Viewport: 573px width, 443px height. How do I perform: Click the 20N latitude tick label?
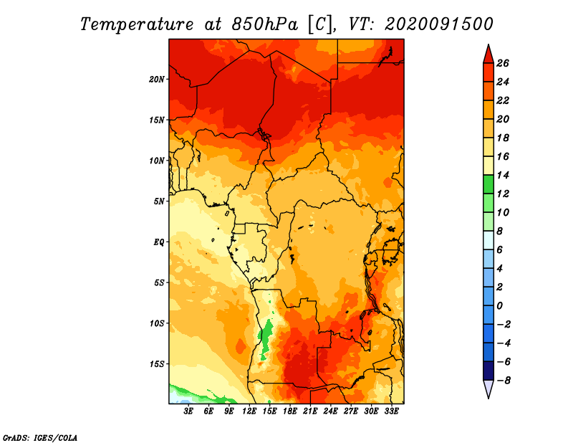(157, 80)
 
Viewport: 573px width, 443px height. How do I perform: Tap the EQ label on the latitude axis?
(159, 242)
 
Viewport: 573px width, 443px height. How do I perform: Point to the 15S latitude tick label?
(157, 364)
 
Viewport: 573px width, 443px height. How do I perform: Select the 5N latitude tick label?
(159, 201)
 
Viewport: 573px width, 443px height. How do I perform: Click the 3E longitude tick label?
(188, 411)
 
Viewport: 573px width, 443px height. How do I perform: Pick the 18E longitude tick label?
(290, 411)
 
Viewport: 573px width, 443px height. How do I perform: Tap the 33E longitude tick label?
(391, 411)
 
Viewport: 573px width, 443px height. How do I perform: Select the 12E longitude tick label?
(249, 411)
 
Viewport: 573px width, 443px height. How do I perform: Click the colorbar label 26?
(503, 64)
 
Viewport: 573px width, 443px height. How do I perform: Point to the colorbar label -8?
(503, 381)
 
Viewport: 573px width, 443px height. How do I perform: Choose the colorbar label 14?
(503, 175)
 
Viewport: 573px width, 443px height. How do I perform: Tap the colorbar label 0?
(499, 306)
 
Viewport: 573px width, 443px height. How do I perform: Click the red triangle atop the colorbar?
(488, 55)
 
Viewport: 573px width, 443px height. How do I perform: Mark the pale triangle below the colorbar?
(488, 389)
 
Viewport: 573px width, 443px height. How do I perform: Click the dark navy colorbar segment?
(488, 371)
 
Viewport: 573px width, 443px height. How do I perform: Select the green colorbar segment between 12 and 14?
(488, 184)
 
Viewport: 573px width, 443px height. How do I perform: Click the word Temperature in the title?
(137, 24)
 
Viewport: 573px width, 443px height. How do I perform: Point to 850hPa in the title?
(265, 24)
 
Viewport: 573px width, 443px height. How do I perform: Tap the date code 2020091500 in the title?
(439, 24)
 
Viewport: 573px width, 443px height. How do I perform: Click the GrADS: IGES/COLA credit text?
(40, 438)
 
